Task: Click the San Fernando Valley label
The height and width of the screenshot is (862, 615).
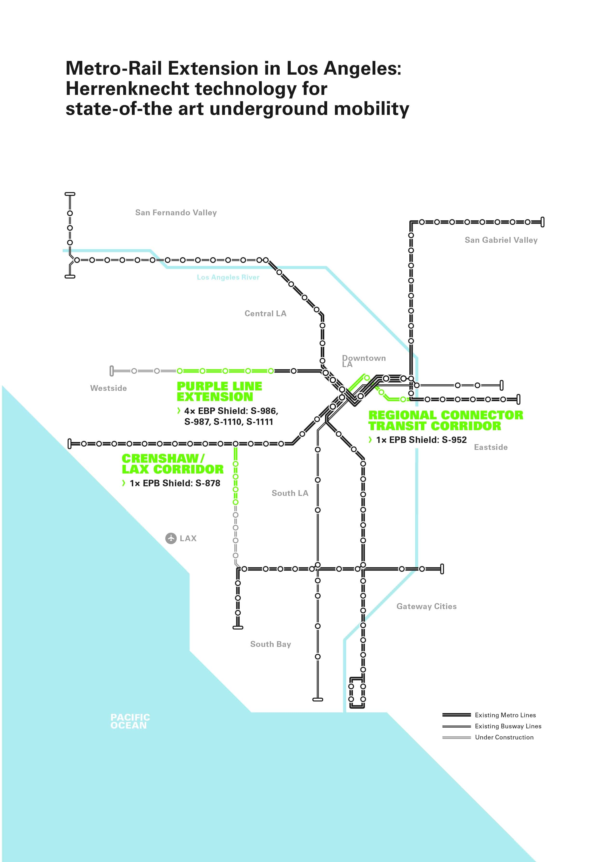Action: pos(176,213)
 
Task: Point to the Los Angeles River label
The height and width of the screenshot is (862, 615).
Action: pos(228,277)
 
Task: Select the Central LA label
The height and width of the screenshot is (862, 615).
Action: pos(265,314)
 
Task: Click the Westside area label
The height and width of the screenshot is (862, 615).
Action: pos(108,388)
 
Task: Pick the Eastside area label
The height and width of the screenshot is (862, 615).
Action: pos(491,447)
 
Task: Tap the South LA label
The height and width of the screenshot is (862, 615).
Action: pos(290,493)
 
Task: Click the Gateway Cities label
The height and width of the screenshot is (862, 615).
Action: pos(426,606)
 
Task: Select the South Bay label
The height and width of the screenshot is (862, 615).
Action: pos(270,644)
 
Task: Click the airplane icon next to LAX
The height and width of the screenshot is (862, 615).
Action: pos(171,538)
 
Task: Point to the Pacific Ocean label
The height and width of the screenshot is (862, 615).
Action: pos(130,721)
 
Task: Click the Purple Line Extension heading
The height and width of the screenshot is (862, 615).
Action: pos(219,391)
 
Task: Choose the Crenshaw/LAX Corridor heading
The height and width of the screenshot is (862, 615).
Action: pos(172,464)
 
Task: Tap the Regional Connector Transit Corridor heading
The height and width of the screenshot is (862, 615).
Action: pos(446,421)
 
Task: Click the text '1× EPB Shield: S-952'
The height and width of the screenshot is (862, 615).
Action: pos(421,440)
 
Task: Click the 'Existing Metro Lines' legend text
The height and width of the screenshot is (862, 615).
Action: pos(505,715)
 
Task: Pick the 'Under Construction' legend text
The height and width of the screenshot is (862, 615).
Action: pos(504,737)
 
